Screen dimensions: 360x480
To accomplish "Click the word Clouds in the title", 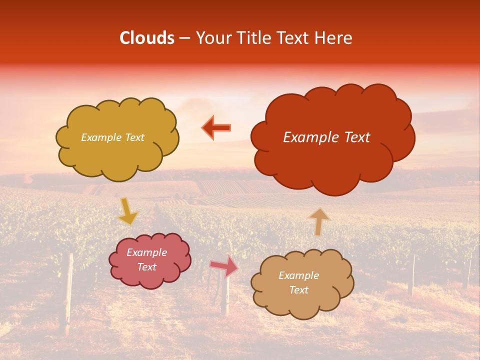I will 147,38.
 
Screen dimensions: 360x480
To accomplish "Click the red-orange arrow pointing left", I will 216,128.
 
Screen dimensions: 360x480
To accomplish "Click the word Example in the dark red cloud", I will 308,137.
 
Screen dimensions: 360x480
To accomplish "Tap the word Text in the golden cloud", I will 133,137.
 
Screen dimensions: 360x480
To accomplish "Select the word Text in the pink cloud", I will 147,267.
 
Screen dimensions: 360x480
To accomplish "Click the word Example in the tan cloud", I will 298,275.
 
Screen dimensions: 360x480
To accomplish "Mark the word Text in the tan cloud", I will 298,290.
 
